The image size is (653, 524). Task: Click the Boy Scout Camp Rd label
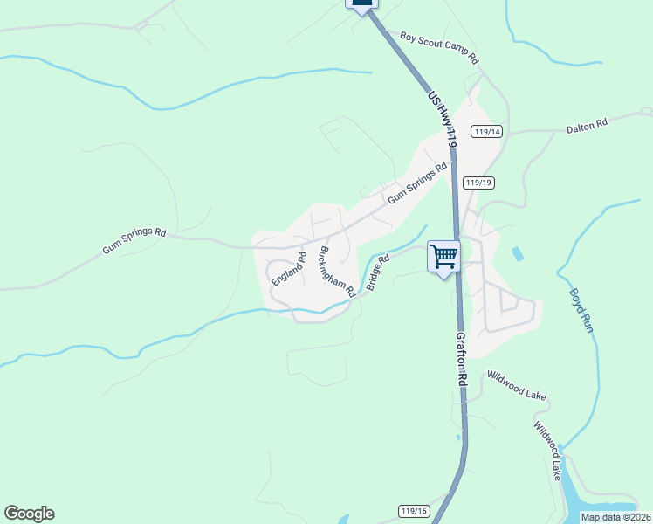click(x=440, y=48)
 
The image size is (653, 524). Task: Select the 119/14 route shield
click(x=487, y=132)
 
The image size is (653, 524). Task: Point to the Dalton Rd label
click(x=587, y=126)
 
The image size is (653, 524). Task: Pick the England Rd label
click(x=289, y=268)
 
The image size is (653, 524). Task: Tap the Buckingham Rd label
click(x=336, y=269)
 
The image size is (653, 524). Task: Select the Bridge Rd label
click(x=377, y=273)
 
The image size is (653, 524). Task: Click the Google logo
click(x=29, y=514)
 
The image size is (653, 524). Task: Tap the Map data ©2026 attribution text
click(x=615, y=517)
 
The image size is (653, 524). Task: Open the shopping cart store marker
click(x=443, y=257)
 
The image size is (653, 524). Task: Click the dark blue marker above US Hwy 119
click(x=363, y=3)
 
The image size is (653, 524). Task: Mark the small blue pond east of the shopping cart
click(x=519, y=254)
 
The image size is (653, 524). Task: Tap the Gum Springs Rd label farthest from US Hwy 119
click(x=134, y=241)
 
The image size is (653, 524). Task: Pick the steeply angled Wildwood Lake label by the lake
click(x=547, y=451)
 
